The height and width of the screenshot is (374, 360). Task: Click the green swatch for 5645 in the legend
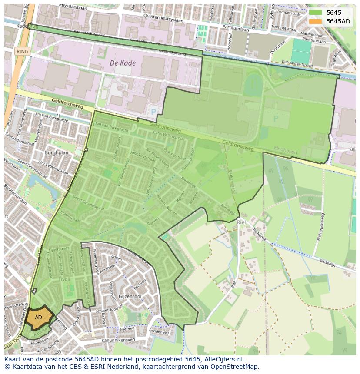pyautogui.click(x=316, y=13)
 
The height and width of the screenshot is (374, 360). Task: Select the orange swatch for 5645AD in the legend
pyautogui.click(x=316, y=21)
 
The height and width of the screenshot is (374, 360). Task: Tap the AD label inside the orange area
pyautogui.click(x=38, y=318)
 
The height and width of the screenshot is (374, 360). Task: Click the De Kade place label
pyautogui.click(x=123, y=63)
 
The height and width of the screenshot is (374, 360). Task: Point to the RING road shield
pyautogui.click(x=22, y=51)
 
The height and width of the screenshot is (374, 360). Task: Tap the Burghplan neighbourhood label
pyautogui.click(x=57, y=153)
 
